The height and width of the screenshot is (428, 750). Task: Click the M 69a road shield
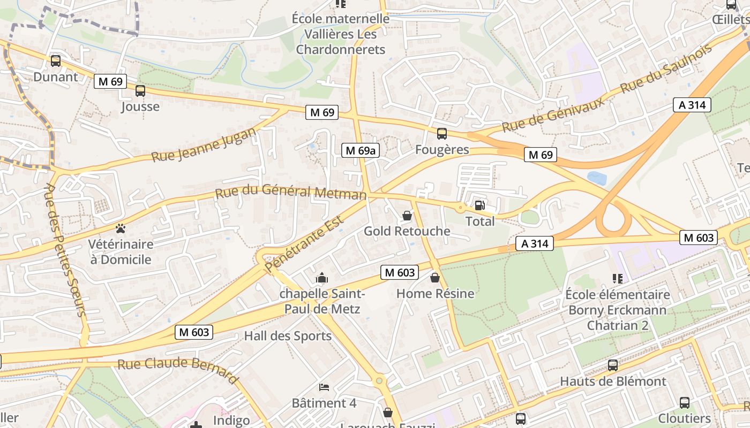[x=361, y=151]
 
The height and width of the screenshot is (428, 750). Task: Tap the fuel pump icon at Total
[x=479, y=205]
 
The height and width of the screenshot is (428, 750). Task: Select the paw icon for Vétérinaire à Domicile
[x=121, y=229]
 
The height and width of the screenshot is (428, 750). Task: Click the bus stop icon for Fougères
[x=441, y=134]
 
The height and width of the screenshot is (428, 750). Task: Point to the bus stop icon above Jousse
[x=140, y=91]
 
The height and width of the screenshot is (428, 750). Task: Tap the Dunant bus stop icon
[x=56, y=61]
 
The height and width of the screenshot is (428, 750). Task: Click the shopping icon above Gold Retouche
[x=407, y=216]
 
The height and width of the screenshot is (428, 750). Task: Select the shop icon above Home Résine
[x=435, y=278]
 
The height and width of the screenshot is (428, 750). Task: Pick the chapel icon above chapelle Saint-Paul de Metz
[x=322, y=278]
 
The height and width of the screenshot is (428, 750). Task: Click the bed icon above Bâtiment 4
[x=324, y=387]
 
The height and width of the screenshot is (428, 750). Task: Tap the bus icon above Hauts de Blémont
[x=613, y=365]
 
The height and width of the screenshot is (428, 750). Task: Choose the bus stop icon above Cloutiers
[x=684, y=402]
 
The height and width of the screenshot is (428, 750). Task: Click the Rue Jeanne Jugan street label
[x=204, y=145]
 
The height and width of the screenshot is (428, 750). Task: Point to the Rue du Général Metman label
[x=291, y=192]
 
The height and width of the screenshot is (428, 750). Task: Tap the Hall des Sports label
[x=288, y=336]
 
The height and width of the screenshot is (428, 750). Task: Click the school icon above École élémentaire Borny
[x=617, y=279]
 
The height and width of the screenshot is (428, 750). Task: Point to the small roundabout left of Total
[x=460, y=207]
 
